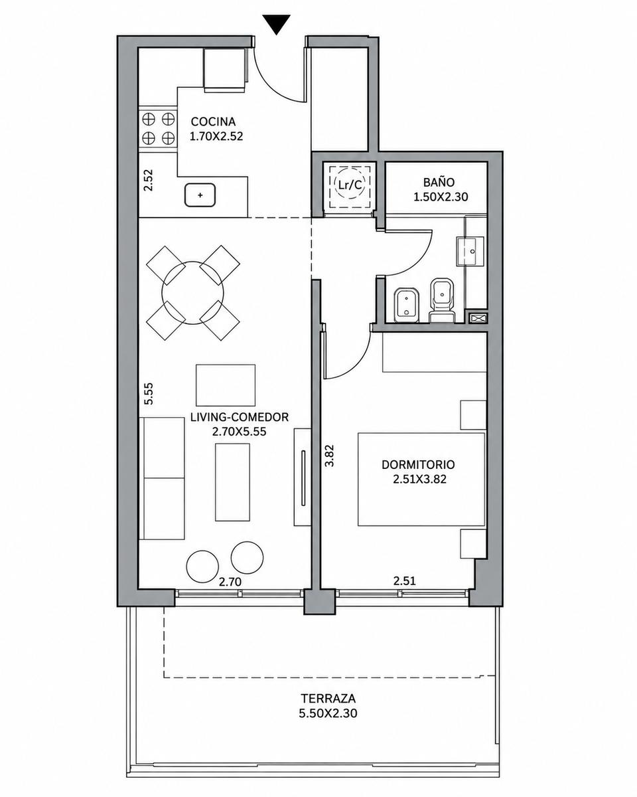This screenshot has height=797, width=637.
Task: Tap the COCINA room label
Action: [x=213, y=122]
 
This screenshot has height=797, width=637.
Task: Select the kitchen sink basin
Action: [x=200, y=195]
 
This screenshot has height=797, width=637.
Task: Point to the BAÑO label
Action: [x=439, y=182]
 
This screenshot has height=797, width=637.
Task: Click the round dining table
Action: [x=193, y=293]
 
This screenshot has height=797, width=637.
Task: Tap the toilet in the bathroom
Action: [x=442, y=301]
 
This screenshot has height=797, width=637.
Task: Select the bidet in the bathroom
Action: [x=406, y=305]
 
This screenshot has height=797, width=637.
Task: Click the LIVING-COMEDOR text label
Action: [x=239, y=417]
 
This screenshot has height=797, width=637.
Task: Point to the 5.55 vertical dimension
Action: [x=149, y=394]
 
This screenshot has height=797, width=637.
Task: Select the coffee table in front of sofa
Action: [x=232, y=482]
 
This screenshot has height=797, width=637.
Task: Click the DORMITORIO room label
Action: [x=418, y=465]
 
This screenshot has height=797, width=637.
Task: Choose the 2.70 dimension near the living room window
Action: [x=230, y=582]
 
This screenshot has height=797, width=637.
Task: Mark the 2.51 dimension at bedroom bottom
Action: [x=404, y=581]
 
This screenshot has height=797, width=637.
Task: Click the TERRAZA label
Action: [x=328, y=699]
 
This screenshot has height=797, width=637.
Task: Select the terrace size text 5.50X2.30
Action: [x=328, y=713]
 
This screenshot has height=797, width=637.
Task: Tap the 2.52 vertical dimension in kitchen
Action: [x=149, y=180]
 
